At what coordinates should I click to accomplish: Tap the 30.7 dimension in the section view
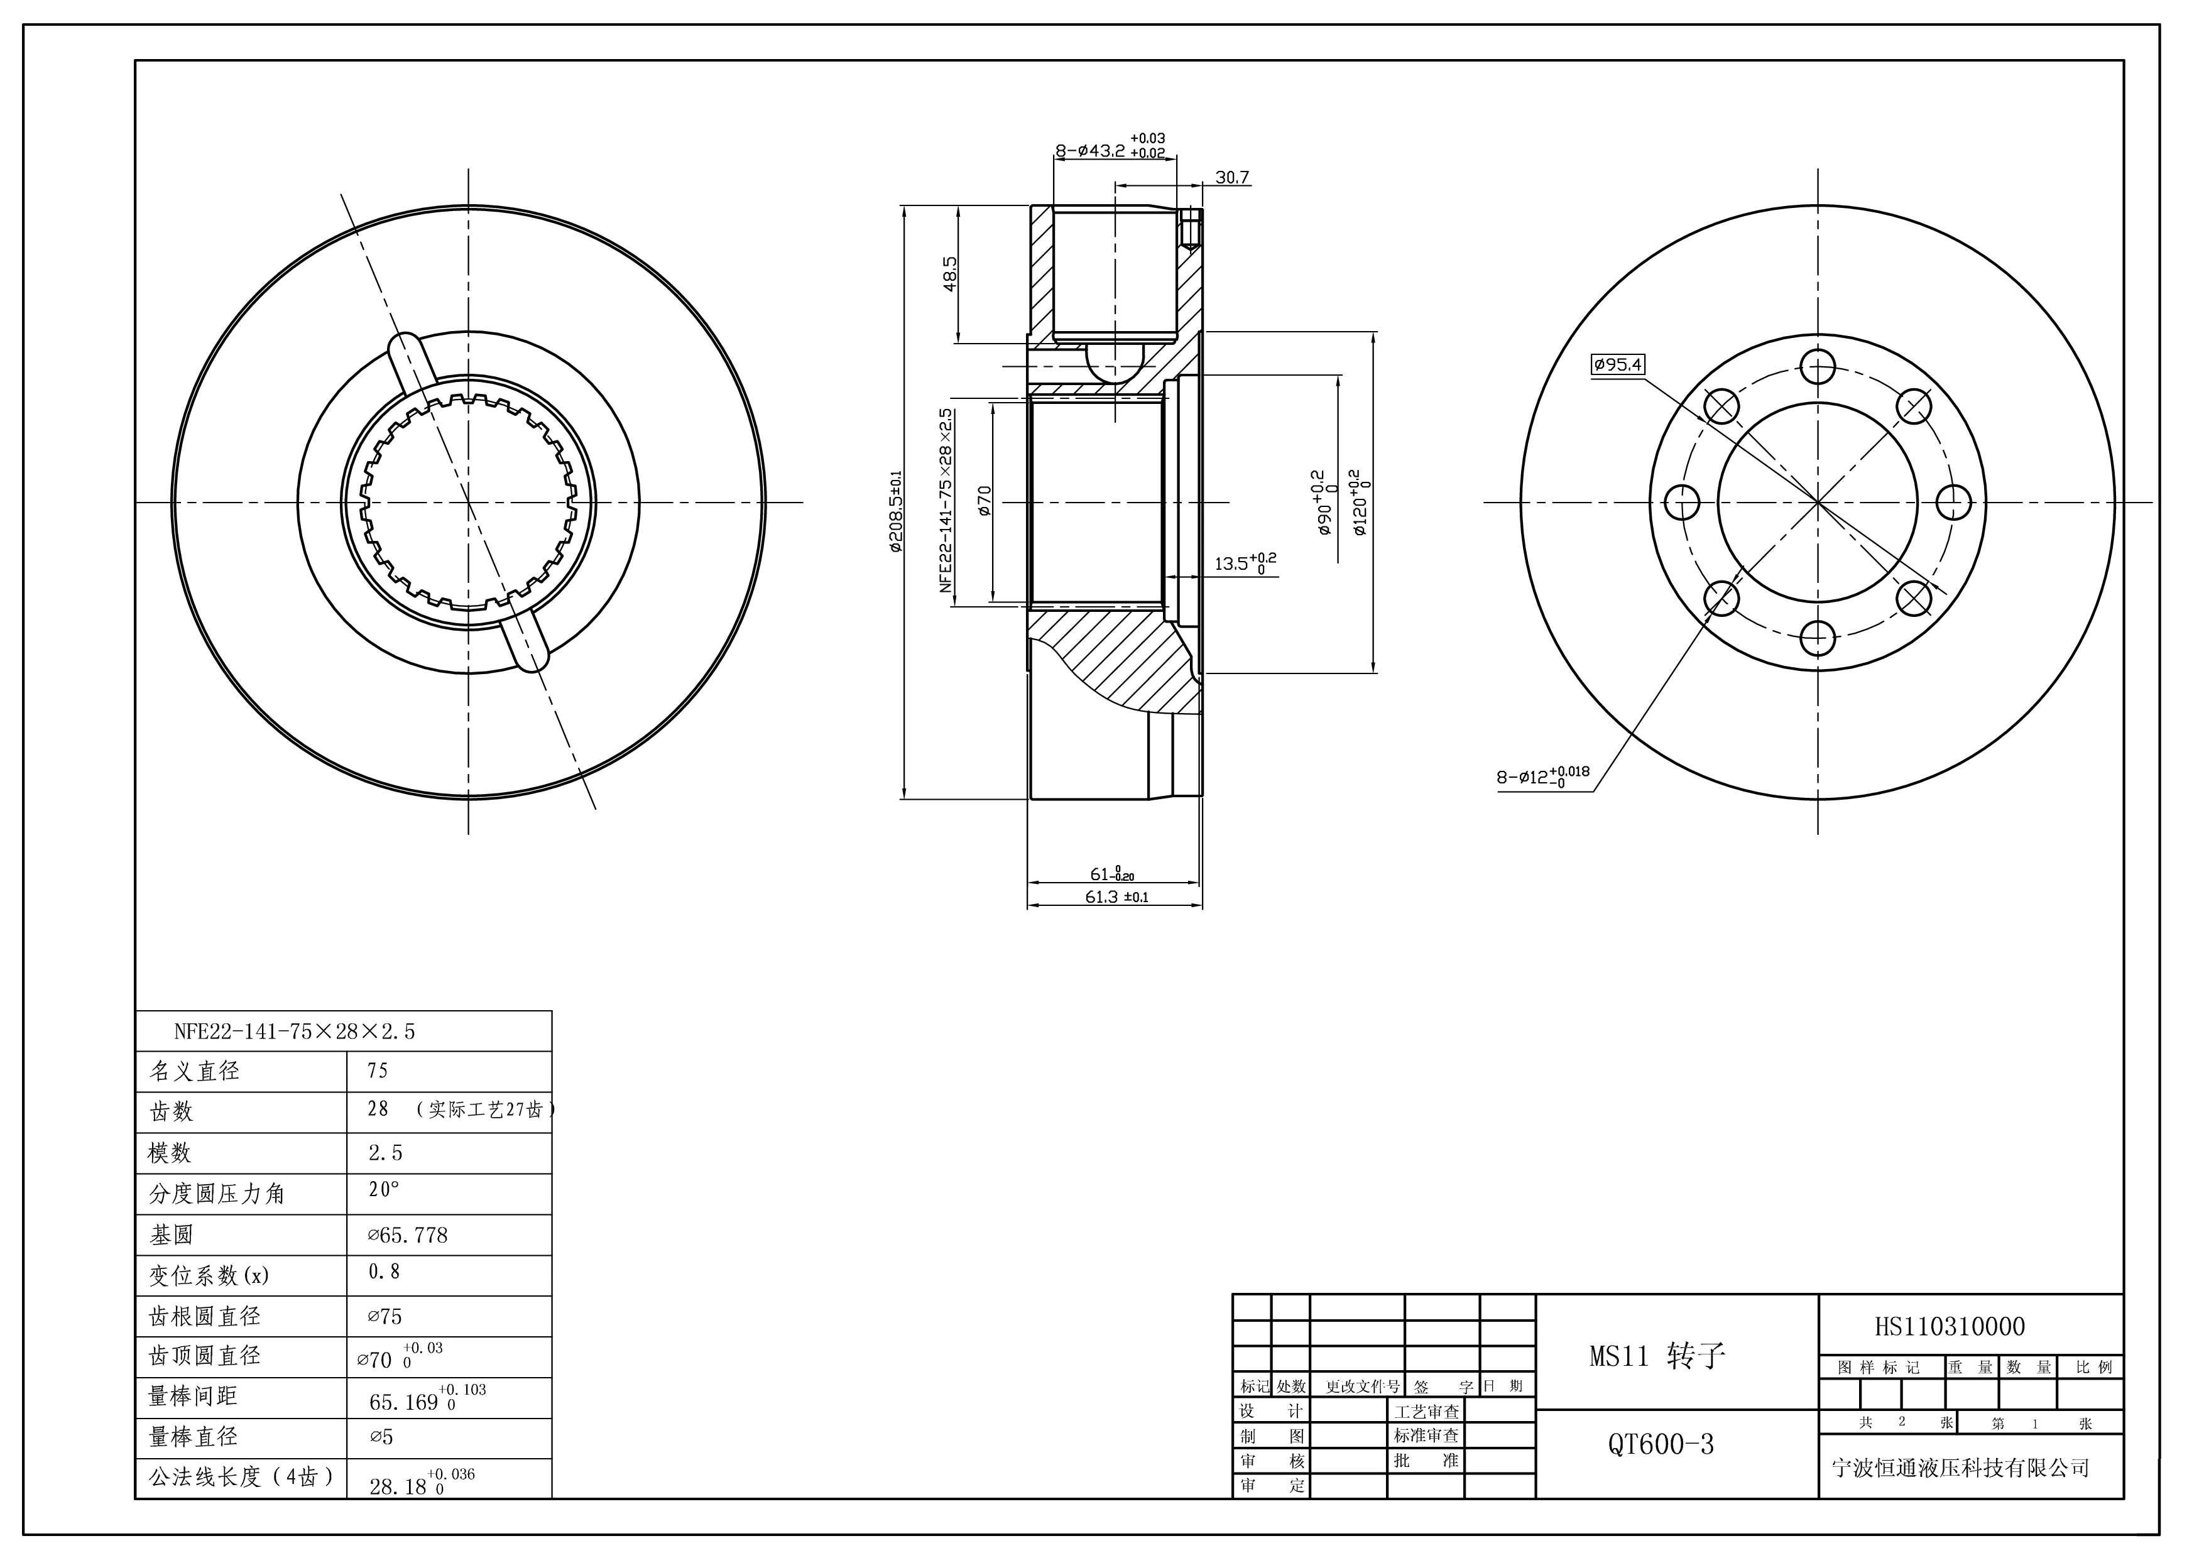(x=1233, y=178)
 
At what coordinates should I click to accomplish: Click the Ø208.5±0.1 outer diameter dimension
(x=896, y=511)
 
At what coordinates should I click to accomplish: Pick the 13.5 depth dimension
(x=1245, y=564)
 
